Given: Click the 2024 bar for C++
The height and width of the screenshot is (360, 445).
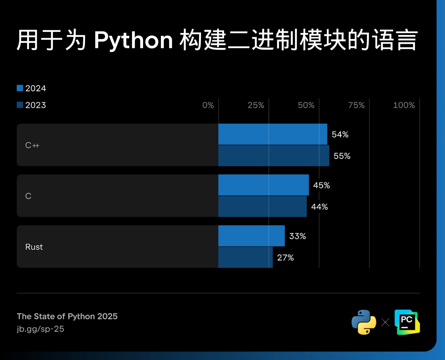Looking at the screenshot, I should click(x=273, y=134).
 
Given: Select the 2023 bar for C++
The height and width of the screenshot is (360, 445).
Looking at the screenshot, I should click(x=273, y=156).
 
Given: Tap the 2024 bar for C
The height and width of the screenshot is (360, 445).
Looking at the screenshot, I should click(x=263, y=185).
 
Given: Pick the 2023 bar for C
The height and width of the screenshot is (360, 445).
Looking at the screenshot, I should click(x=262, y=206).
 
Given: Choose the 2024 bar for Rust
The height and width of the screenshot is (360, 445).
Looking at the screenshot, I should click(x=251, y=236).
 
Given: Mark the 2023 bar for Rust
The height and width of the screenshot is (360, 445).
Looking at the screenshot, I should click(x=245, y=257).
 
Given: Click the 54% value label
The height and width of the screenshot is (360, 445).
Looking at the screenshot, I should click(x=340, y=135).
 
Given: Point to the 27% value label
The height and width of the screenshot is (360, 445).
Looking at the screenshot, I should click(x=285, y=258).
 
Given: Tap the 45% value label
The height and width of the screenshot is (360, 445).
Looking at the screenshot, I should click(x=321, y=185).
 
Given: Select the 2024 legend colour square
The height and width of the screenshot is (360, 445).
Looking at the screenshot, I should click(x=20, y=88).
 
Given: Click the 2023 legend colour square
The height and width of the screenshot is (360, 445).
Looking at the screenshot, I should click(x=20, y=105).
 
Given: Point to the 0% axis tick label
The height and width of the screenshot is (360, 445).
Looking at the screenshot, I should click(x=208, y=105).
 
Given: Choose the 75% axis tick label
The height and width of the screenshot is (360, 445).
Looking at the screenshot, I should click(x=356, y=105).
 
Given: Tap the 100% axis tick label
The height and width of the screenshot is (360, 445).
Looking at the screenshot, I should click(x=404, y=105).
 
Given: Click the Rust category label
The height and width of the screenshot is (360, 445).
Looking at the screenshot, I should click(x=34, y=247).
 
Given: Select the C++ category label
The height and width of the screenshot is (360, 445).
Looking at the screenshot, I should click(x=32, y=145).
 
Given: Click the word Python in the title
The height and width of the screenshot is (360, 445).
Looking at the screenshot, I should click(x=133, y=41).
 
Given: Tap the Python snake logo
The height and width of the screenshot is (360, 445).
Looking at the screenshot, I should click(x=364, y=322).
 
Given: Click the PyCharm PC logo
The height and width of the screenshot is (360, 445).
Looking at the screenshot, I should click(x=407, y=322).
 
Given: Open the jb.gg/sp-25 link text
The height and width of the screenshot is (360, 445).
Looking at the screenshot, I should click(x=40, y=329).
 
